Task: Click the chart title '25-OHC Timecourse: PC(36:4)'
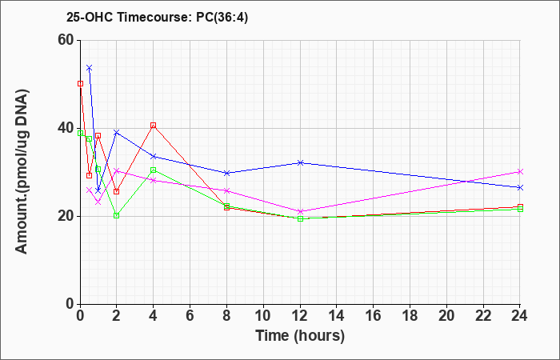[x=157, y=18]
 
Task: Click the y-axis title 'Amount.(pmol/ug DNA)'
[x=22, y=171]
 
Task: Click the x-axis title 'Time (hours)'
[x=300, y=336]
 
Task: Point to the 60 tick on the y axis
[x=66, y=40]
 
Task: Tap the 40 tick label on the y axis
[x=66, y=128]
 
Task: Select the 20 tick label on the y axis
[x=66, y=216]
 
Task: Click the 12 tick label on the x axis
[x=300, y=315]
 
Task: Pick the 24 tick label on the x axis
[x=520, y=315]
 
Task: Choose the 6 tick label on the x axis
[x=190, y=315]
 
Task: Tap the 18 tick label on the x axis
[x=410, y=315]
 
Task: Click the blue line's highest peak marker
[x=90, y=67]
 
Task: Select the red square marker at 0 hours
[x=80, y=83]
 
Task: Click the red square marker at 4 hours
[x=154, y=125]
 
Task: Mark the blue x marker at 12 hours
[x=300, y=162]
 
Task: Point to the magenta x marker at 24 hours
[x=520, y=171]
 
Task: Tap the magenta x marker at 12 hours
[x=300, y=211]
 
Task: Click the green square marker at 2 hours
[x=117, y=215]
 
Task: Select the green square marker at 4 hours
[x=154, y=170]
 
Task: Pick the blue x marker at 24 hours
[x=520, y=187]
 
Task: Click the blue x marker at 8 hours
[x=226, y=173]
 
